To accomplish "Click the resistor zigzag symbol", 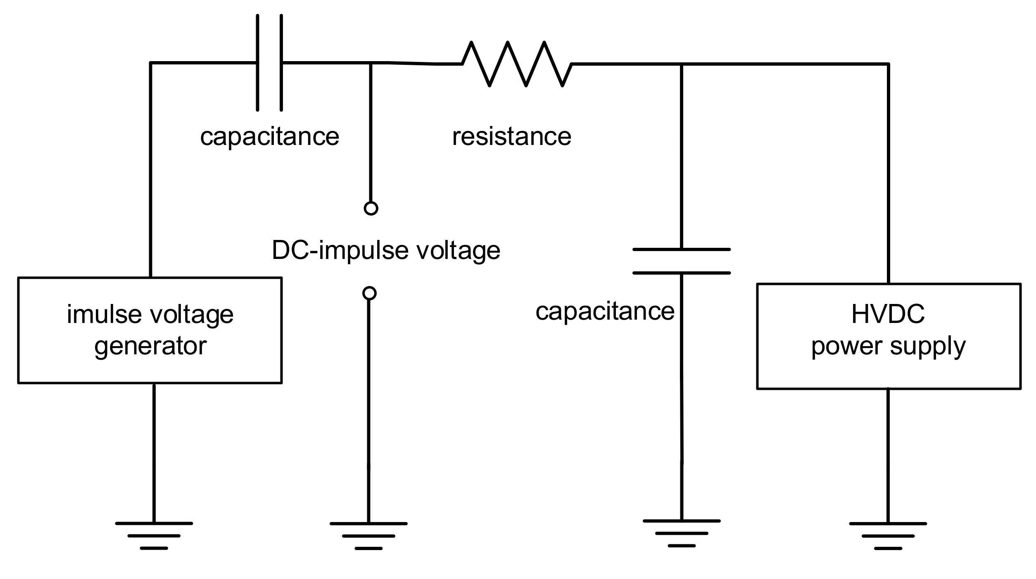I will pyautogui.click(x=517, y=64).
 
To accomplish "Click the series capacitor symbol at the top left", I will pyautogui.click(x=269, y=63).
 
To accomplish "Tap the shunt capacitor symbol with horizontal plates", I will pyautogui.click(x=682, y=261).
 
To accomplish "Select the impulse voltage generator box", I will pyautogui.click(x=150, y=330).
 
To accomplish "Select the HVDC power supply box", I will pyautogui.click(x=889, y=336).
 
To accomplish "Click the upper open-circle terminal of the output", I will pyautogui.click(x=371, y=208).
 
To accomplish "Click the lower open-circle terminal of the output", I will pyautogui.click(x=369, y=293).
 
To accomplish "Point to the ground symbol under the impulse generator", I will pyautogui.click(x=154, y=535).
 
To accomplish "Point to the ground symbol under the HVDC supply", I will pyautogui.click(x=888, y=536).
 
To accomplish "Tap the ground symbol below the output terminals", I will pyautogui.click(x=368, y=536).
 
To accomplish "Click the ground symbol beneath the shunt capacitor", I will pyautogui.click(x=682, y=533).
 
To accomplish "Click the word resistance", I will pyautogui.click(x=511, y=136).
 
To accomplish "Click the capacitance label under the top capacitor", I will pyautogui.click(x=269, y=136).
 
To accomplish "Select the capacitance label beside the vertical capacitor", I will pyautogui.click(x=605, y=311).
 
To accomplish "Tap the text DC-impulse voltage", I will pyautogui.click(x=386, y=250).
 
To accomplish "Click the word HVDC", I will pyautogui.click(x=888, y=314).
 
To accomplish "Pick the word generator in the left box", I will pyautogui.click(x=150, y=346).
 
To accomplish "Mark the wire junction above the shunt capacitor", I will pyautogui.click(x=682, y=64).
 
